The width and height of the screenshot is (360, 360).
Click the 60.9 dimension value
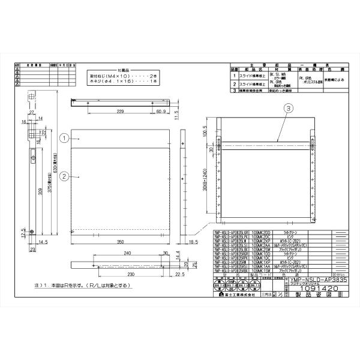[161, 112]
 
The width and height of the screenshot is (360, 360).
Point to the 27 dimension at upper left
[31, 112]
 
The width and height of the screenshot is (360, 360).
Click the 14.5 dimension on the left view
[43, 242]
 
